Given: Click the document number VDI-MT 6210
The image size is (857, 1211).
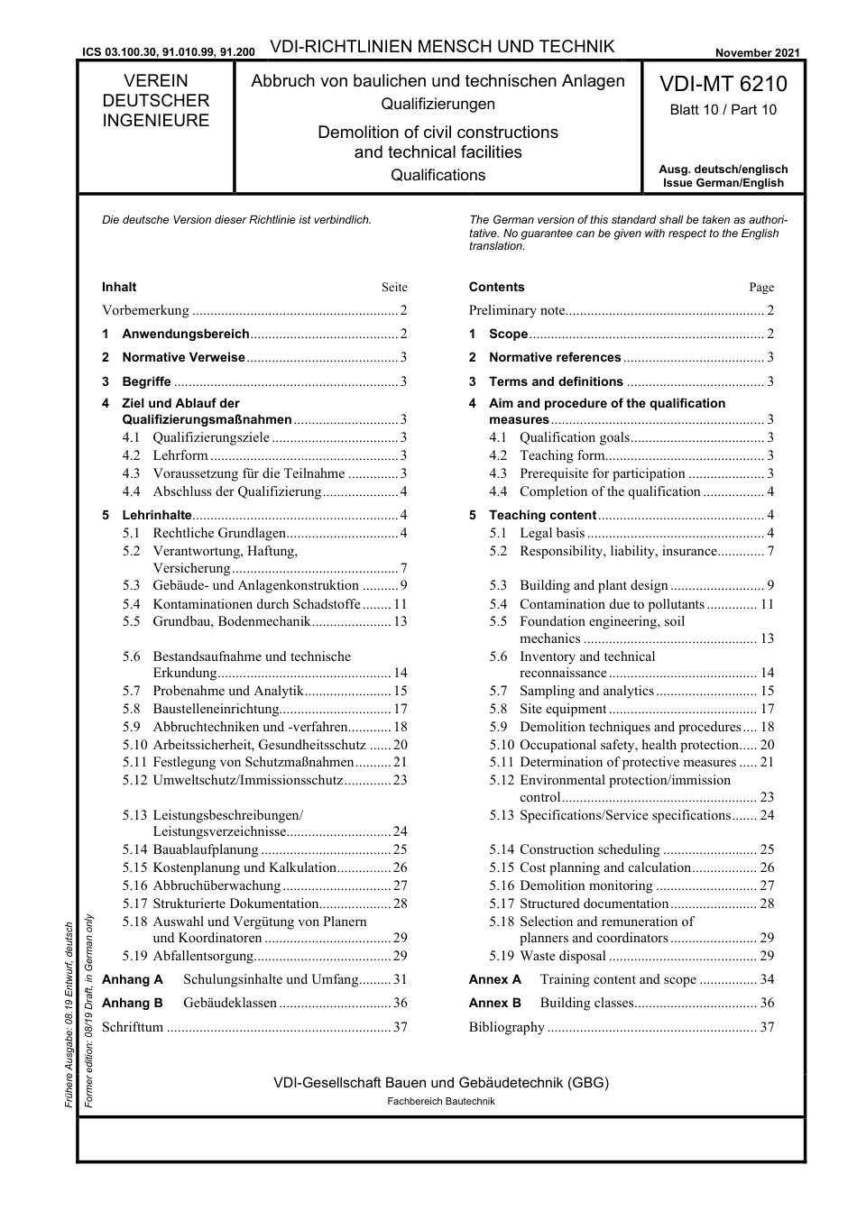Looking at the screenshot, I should click(723, 85).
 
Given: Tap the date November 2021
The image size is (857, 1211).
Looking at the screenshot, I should click(757, 53).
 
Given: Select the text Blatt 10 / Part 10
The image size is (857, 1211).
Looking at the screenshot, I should click(723, 110).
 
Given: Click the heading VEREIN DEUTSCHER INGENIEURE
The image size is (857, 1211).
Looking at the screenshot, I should click(155, 101).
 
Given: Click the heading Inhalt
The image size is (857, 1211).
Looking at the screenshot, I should click(119, 288).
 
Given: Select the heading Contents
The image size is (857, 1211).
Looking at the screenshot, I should click(496, 288).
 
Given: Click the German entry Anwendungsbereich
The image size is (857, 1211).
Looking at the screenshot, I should click(185, 334).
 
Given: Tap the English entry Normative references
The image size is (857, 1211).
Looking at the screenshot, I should click(555, 357).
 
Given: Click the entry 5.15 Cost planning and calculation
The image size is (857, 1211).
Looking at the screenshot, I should click(604, 867).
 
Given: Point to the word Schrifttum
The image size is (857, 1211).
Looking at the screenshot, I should click(133, 1027).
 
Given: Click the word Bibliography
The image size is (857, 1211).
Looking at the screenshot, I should click(507, 1027).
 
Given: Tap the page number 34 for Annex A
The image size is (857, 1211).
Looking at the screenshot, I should click(767, 979).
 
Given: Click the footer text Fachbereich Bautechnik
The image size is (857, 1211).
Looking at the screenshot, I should click(441, 1101).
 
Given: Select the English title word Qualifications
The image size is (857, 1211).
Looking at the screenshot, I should click(438, 175).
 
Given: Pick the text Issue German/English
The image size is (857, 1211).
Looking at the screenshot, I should click(723, 182).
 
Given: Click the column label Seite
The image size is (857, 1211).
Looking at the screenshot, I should click(394, 288).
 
